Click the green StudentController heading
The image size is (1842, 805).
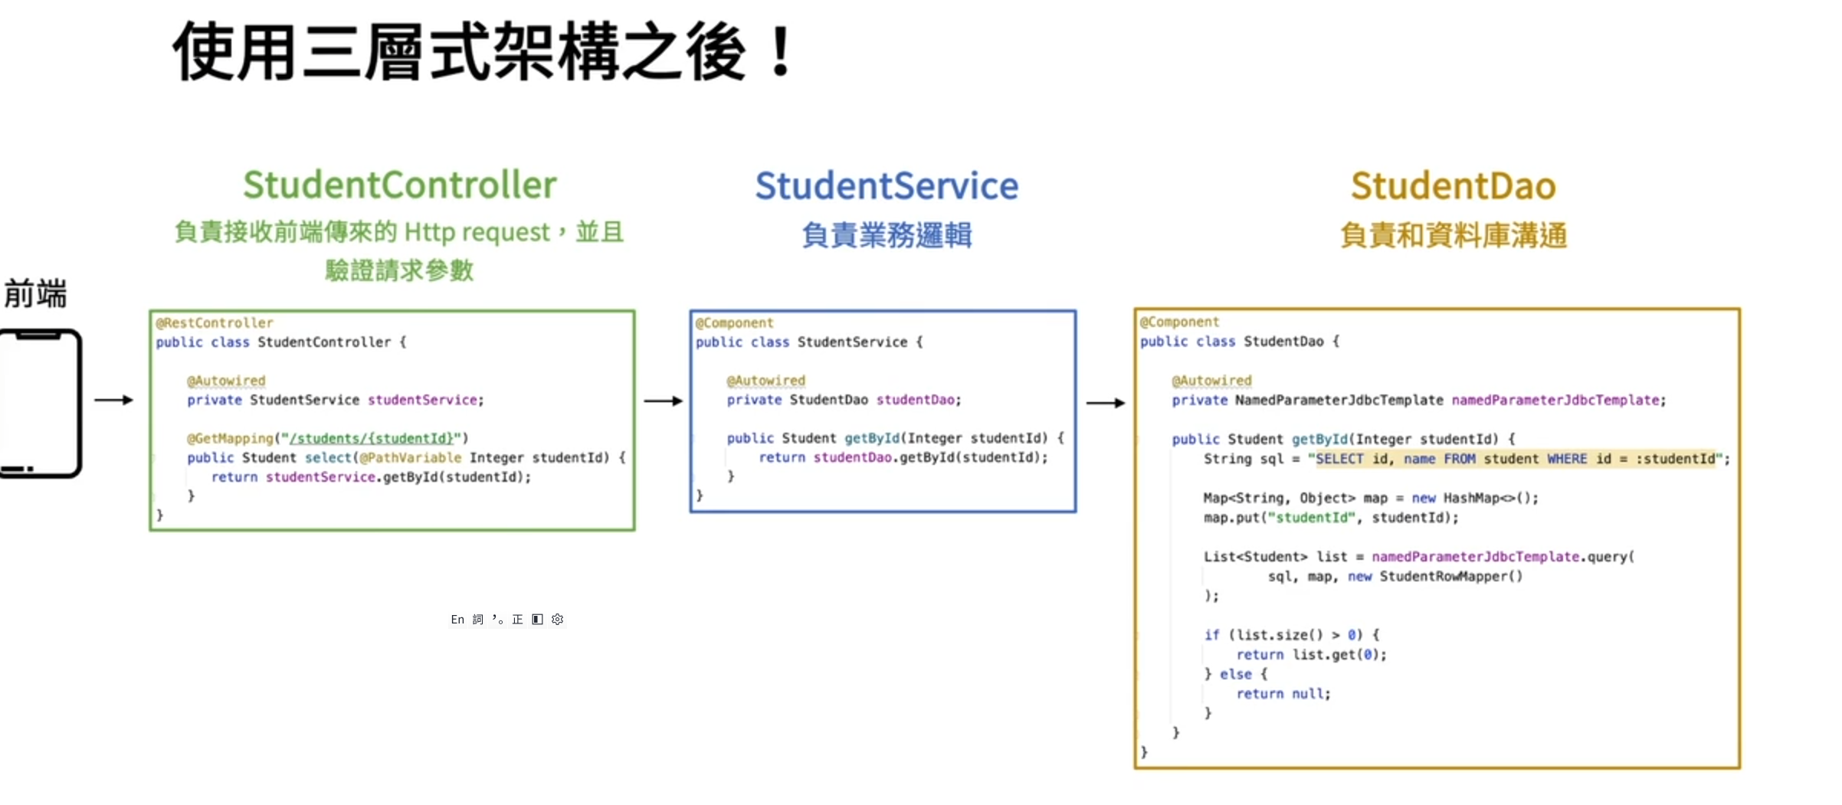pyautogui.click(x=399, y=185)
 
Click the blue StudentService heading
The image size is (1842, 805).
pyautogui.click(x=887, y=186)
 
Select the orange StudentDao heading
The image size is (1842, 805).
pyautogui.click(x=1453, y=186)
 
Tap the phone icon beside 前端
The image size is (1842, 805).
pyautogui.click(x=40, y=403)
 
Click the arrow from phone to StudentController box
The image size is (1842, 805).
pyautogui.click(x=113, y=400)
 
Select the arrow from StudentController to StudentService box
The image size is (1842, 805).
pyautogui.click(x=663, y=401)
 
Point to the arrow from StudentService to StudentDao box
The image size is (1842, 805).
pyautogui.click(x=1106, y=403)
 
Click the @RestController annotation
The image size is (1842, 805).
pyautogui.click(x=215, y=322)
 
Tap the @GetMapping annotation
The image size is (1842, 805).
pyautogui.click(x=230, y=438)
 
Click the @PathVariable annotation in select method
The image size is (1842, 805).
pyautogui.click(x=411, y=457)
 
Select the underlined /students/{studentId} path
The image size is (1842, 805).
pyautogui.click(x=372, y=438)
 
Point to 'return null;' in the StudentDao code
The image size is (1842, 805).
pyautogui.click(x=1283, y=693)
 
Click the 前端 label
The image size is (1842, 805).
pyautogui.click(x=35, y=293)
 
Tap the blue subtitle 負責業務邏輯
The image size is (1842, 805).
pyautogui.click(x=887, y=234)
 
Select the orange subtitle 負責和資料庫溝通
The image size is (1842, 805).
pyautogui.click(x=1453, y=234)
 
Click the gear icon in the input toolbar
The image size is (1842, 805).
pyautogui.click(x=557, y=619)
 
